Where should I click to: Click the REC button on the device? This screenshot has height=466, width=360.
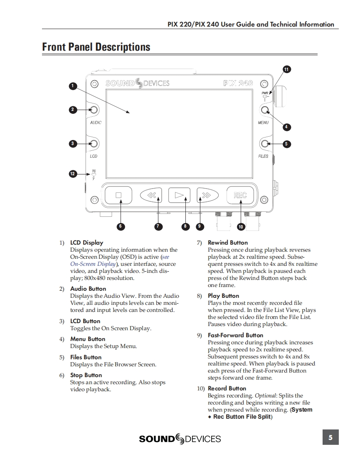(240, 195)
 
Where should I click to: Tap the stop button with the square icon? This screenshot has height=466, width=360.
(118, 195)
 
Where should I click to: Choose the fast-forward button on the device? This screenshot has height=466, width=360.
(207, 195)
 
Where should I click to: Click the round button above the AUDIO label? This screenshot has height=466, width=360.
(94, 110)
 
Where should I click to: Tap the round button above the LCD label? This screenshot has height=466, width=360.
(94, 144)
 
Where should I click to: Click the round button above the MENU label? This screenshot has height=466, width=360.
(265, 110)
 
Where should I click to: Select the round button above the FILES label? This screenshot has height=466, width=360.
(265, 144)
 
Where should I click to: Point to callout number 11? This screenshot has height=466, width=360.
(286, 69)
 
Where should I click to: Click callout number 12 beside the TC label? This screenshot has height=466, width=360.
(73, 174)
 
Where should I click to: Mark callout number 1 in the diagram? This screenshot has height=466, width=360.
(73, 86)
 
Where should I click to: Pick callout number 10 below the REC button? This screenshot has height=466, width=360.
(240, 227)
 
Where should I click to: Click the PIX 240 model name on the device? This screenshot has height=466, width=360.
(238, 83)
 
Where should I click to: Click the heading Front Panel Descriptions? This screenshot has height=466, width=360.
(96, 47)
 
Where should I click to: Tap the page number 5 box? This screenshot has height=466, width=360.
(330, 437)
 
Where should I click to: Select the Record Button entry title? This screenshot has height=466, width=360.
(227, 388)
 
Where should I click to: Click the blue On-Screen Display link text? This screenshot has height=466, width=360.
(88, 264)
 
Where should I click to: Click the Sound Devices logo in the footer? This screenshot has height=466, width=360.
(180, 439)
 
